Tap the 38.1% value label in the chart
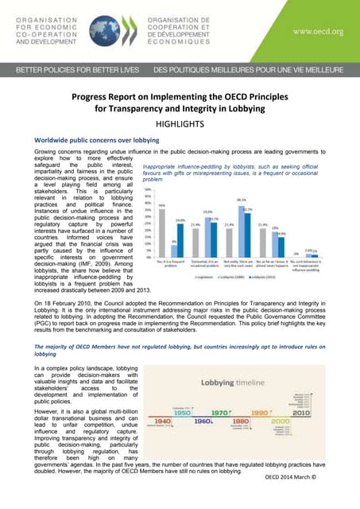[241, 200]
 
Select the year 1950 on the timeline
[182, 414]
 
